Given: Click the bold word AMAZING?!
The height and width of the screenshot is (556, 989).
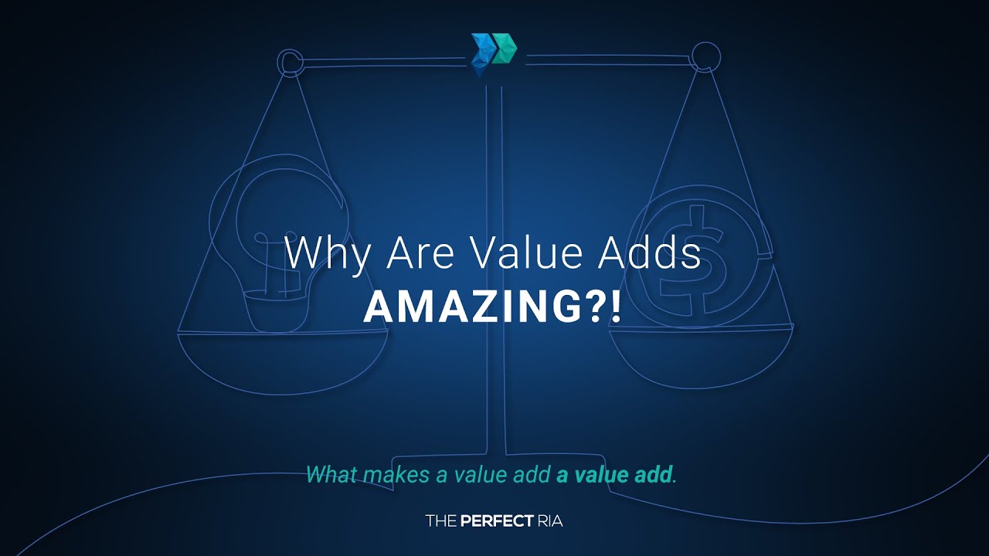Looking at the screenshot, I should (x=492, y=307).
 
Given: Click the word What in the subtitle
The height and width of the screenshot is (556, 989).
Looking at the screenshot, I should (x=331, y=474).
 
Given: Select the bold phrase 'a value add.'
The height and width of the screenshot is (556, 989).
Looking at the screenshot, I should (x=617, y=474).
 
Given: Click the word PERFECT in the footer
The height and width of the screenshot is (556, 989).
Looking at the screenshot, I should (x=498, y=521).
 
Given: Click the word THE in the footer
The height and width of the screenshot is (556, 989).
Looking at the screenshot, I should (x=441, y=521).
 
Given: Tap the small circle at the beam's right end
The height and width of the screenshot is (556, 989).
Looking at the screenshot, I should (x=705, y=56).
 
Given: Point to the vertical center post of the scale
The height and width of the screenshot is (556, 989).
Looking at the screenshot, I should (x=494, y=270).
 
